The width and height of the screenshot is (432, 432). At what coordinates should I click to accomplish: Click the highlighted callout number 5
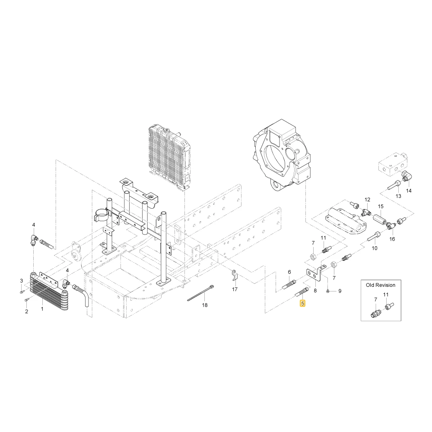(x=303, y=304)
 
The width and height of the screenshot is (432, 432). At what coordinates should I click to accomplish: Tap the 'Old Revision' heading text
(x=381, y=285)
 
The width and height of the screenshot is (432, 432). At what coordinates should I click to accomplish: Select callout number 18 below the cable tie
(x=205, y=305)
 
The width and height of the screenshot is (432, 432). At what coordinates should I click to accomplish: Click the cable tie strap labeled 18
(x=201, y=293)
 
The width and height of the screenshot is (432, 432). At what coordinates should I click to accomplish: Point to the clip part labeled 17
(x=235, y=276)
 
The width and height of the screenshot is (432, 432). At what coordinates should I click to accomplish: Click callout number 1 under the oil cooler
(x=42, y=309)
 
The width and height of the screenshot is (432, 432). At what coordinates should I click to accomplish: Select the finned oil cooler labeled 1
(x=48, y=290)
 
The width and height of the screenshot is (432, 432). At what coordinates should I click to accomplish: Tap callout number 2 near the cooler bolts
(x=26, y=311)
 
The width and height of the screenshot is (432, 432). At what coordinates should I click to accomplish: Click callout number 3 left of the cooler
(x=22, y=281)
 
